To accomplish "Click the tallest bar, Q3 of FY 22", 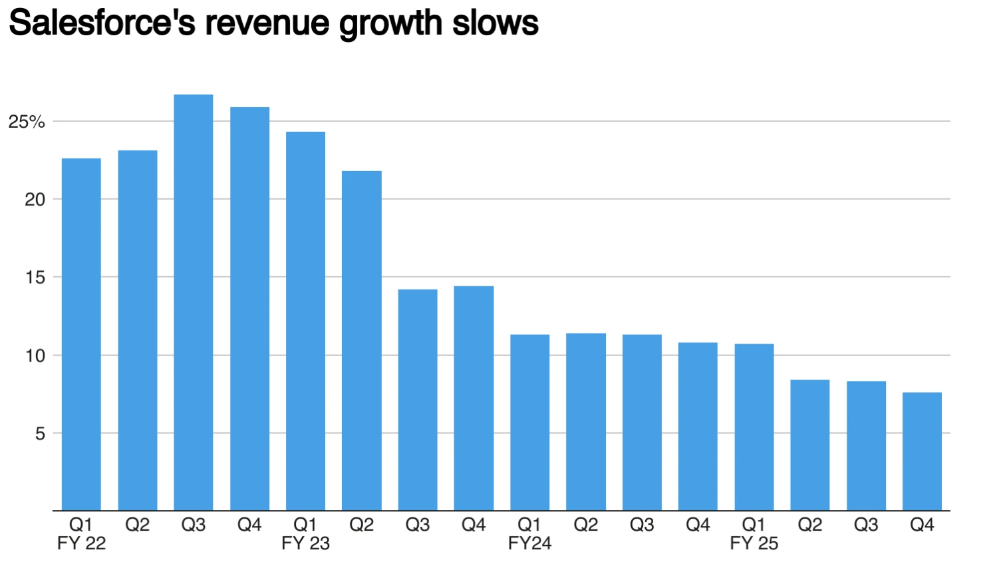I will click(194, 303).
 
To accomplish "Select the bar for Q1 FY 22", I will click(81, 334).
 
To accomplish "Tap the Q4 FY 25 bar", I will click(922, 451).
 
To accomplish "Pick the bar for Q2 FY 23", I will click(362, 341).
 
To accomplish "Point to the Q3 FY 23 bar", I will click(418, 400).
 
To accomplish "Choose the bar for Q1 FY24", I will click(530, 423).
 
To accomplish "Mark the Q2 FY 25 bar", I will click(810, 445).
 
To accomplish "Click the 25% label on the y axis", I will click(27, 122).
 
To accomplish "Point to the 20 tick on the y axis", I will click(35, 200).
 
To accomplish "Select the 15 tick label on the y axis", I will click(35, 278).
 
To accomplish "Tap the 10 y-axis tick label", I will click(35, 356).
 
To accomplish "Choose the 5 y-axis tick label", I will click(40, 433).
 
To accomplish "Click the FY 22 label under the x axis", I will click(81, 543).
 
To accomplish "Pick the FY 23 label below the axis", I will click(305, 543).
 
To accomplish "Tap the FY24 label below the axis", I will click(530, 543).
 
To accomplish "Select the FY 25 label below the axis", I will click(754, 543).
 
